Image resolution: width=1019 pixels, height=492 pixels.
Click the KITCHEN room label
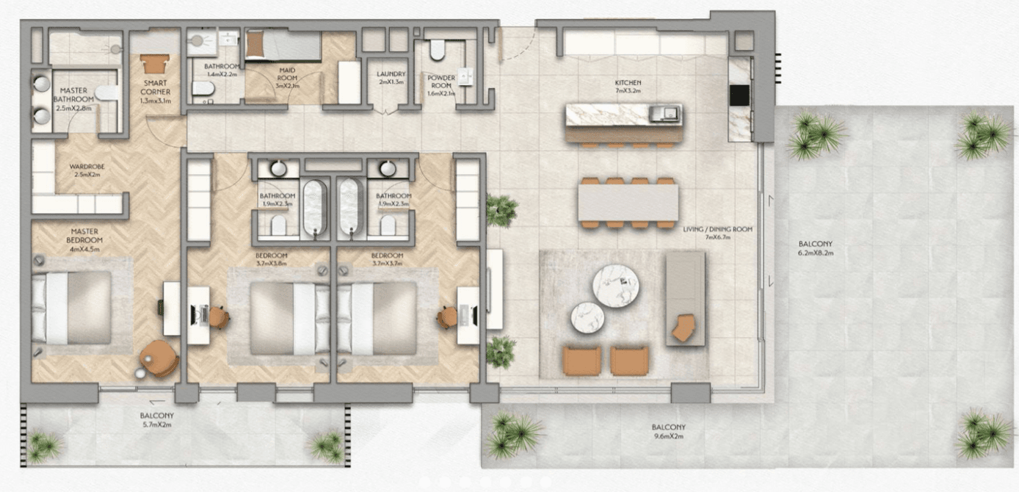tap(628, 83)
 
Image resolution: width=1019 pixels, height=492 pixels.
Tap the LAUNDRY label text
tap(391, 74)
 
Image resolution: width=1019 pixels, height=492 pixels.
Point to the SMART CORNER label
tap(155, 87)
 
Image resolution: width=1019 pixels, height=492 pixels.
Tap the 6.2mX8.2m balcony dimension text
tap(816, 253)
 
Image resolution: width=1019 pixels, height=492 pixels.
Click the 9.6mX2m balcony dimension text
tap(668, 436)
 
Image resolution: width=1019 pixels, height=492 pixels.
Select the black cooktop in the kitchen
tap(739, 96)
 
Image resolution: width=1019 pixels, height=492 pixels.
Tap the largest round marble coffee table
tap(615, 283)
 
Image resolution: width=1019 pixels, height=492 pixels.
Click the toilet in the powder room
tap(437, 50)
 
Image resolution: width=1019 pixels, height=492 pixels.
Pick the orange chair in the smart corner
tap(155, 64)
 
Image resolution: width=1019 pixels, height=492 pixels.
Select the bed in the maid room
tap(283, 46)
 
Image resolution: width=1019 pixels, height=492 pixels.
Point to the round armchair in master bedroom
tap(159, 358)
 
